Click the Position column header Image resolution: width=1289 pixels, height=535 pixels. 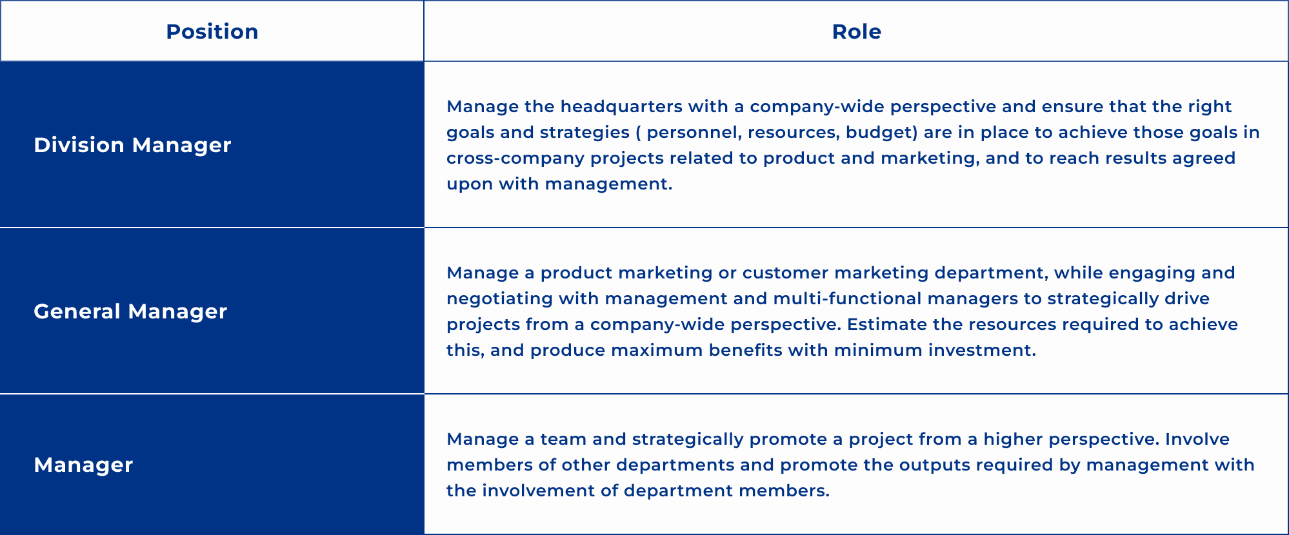click(x=212, y=32)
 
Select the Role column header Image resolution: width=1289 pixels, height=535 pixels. click(x=857, y=32)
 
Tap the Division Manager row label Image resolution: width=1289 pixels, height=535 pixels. click(x=132, y=145)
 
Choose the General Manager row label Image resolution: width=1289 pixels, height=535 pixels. click(x=130, y=311)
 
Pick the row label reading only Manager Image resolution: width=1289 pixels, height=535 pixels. click(x=83, y=465)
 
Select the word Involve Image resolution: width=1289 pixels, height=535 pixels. click(x=1197, y=439)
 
